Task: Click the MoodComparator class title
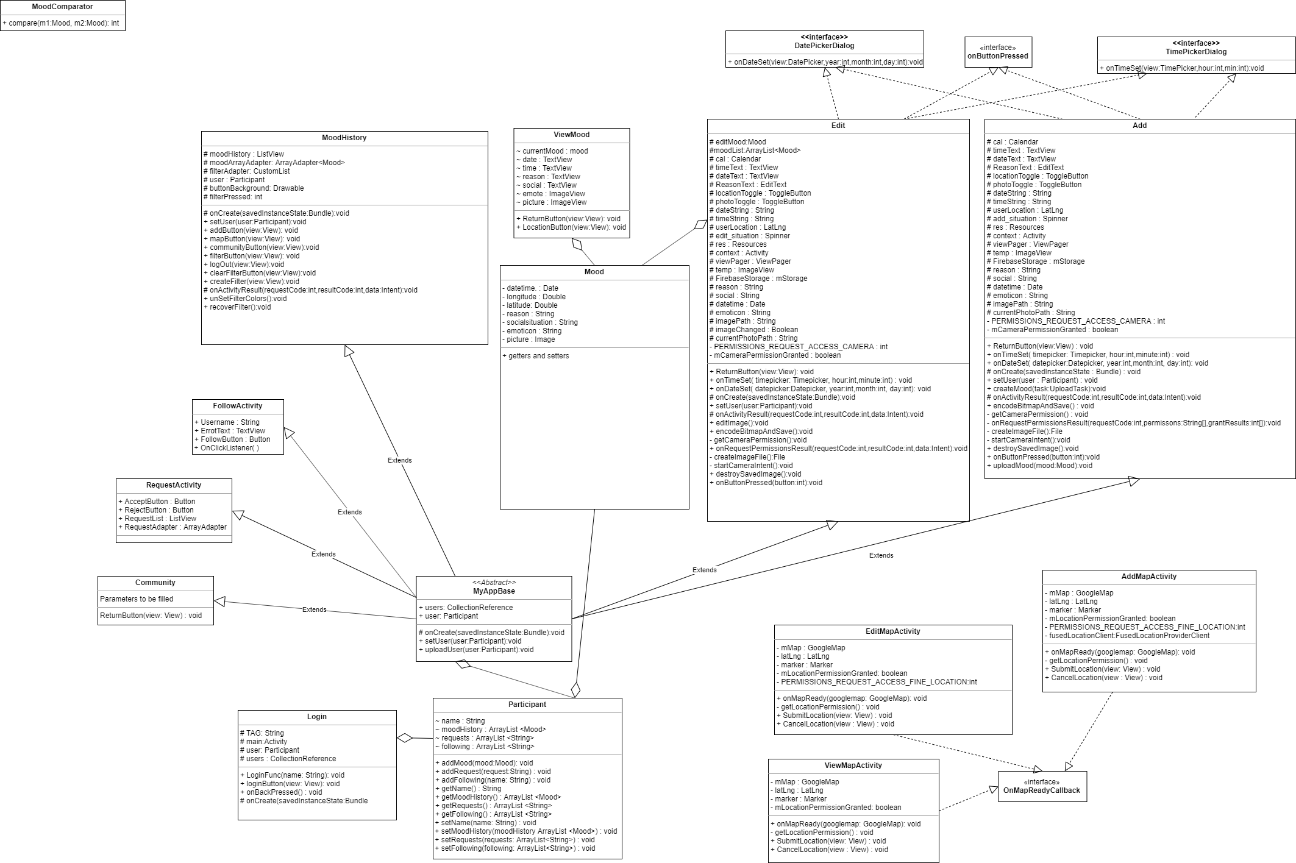pyautogui.click(x=62, y=7)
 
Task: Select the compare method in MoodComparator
pyautogui.click(x=63, y=23)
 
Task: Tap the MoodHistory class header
pyautogui.click(x=344, y=138)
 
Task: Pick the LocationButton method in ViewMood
pyautogui.click(x=571, y=227)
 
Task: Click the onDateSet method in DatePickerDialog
pyautogui.click(x=825, y=62)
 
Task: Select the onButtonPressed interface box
pyautogui.click(x=997, y=52)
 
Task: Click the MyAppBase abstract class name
pyautogui.click(x=494, y=591)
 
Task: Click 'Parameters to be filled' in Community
pyautogui.click(x=137, y=599)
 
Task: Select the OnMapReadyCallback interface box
pyautogui.click(x=1042, y=786)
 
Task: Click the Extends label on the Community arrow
pyautogui.click(x=314, y=609)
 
